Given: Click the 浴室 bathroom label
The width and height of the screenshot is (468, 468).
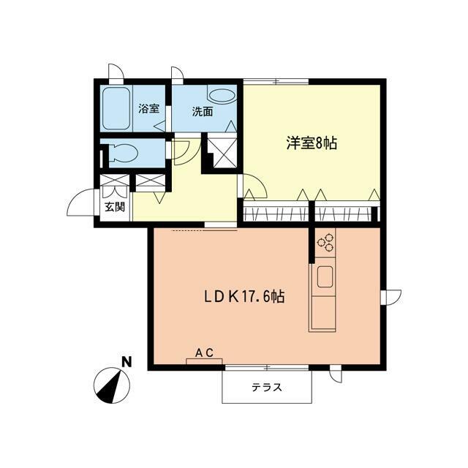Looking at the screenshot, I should coord(148,110).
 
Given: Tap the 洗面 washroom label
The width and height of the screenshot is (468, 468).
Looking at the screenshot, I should coord(203,112).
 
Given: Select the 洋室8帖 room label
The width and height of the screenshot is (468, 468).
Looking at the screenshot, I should coord(311,143).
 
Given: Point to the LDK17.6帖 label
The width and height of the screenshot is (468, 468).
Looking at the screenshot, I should coord(244,298).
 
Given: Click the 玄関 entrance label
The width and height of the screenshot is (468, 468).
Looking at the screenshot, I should coord(114,207).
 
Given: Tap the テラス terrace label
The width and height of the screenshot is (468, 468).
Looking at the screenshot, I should coord(267,388).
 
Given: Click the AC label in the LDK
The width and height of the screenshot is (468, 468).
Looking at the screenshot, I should coord(204,352).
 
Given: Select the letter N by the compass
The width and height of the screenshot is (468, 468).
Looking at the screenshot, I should coord(127,361).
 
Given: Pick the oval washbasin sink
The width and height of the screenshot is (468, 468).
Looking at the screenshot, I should coord(221,95).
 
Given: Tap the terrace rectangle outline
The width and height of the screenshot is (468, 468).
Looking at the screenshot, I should coord(267,386).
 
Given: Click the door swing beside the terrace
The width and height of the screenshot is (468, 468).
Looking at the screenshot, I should coord(335,375).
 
